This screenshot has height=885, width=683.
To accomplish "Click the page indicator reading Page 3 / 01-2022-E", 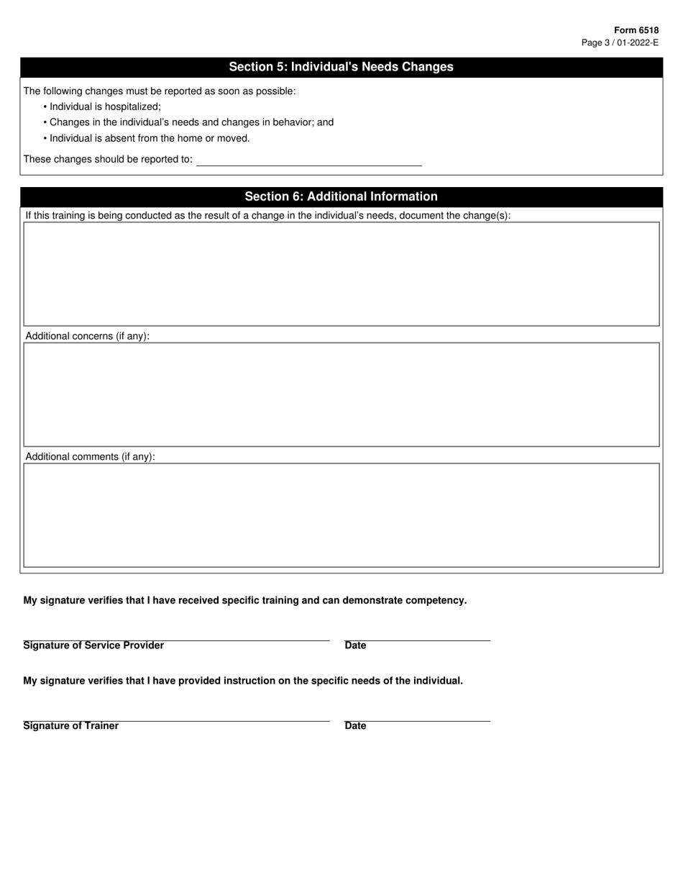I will pyautogui.click(x=620, y=42).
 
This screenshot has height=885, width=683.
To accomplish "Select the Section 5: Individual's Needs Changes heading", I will pyautogui.click(x=341, y=67).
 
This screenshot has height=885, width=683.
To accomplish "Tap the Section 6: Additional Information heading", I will pyautogui.click(x=341, y=196).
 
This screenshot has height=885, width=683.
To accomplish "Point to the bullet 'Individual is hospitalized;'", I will pyautogui.click(x=105, y=106).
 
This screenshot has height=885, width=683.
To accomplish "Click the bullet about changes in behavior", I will pyautogui.click(x=191, y=122).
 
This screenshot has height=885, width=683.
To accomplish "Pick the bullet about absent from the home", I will pyautogui.click(x=150, y=138).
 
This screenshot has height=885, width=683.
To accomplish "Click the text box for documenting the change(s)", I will pyautogui.click(x=341, y=274).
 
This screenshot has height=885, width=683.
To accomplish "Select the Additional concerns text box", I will pyautogui.click(x=341, y=394).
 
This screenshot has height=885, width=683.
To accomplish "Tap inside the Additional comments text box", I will pyautogui.click(x=341, y=515).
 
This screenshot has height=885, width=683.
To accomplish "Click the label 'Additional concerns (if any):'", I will pyautogui.click(x=87, y=336).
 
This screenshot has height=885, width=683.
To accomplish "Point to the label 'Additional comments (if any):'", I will pyautogui.click(x=90, y=457).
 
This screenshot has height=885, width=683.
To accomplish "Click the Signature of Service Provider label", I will pyautogui.click(x=93, y=645).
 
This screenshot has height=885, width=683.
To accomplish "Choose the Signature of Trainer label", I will pyautogui.click(x=71, y=726).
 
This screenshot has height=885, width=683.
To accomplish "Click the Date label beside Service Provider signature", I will pyautogui.click(x=355, y=645).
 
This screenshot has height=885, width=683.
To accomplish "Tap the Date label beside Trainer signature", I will pyautogui.click(x=355, y=726).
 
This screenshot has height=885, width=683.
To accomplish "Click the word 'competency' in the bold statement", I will pyautogui.click(x=436, y=600).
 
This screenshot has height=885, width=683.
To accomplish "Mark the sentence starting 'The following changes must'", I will pyautogui.click(x=160, y=91).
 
